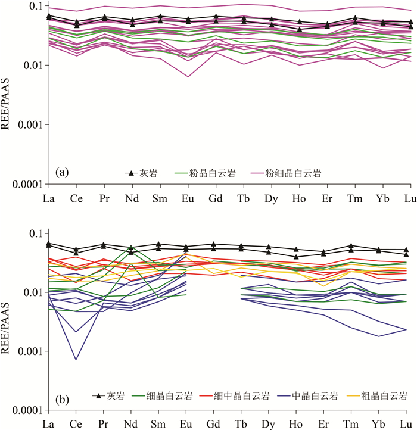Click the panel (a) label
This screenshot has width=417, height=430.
[x=60, y=173]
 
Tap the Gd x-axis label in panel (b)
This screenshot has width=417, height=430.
[x=216, y=423]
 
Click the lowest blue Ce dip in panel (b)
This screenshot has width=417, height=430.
[x=76, y=360]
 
